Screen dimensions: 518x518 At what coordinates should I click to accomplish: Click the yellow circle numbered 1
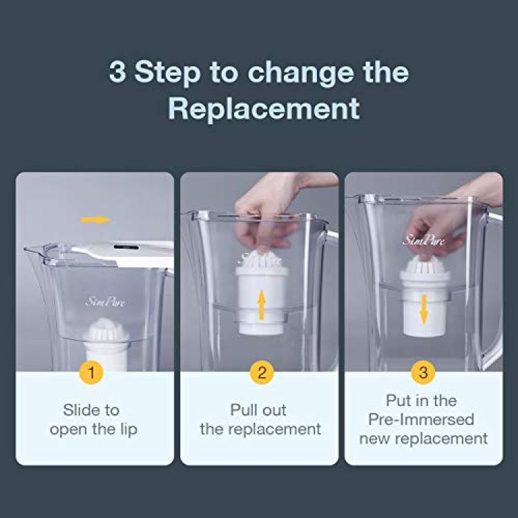pos(91,372)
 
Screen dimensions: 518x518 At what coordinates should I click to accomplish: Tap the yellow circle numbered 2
pos(261,372)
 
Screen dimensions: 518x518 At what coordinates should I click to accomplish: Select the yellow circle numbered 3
pos(423,372)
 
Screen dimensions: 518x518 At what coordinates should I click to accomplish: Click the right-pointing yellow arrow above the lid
pos(95,220)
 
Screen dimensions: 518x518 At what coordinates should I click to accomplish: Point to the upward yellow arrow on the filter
pos(261,305)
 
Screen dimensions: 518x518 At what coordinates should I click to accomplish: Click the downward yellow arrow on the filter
pos(424,310)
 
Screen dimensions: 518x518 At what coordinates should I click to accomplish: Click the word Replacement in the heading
pos(264,108)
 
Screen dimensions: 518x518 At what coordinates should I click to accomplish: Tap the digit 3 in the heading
pos(117,72)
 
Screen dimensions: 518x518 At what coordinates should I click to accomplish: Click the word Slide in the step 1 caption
pos(77,410)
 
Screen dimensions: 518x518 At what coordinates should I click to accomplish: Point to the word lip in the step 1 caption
pos(128,430)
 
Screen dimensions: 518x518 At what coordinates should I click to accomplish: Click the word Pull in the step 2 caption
pos(242,410)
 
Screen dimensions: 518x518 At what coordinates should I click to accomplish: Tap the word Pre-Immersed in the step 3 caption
pos(421,419)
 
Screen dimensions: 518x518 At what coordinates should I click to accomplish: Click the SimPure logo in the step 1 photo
pos(106,302)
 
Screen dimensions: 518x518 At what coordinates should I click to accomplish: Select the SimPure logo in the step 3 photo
pos(423,240)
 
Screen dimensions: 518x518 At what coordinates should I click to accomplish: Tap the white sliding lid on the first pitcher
pos(125,253)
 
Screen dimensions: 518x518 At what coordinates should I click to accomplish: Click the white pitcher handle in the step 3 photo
pos(495,291)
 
